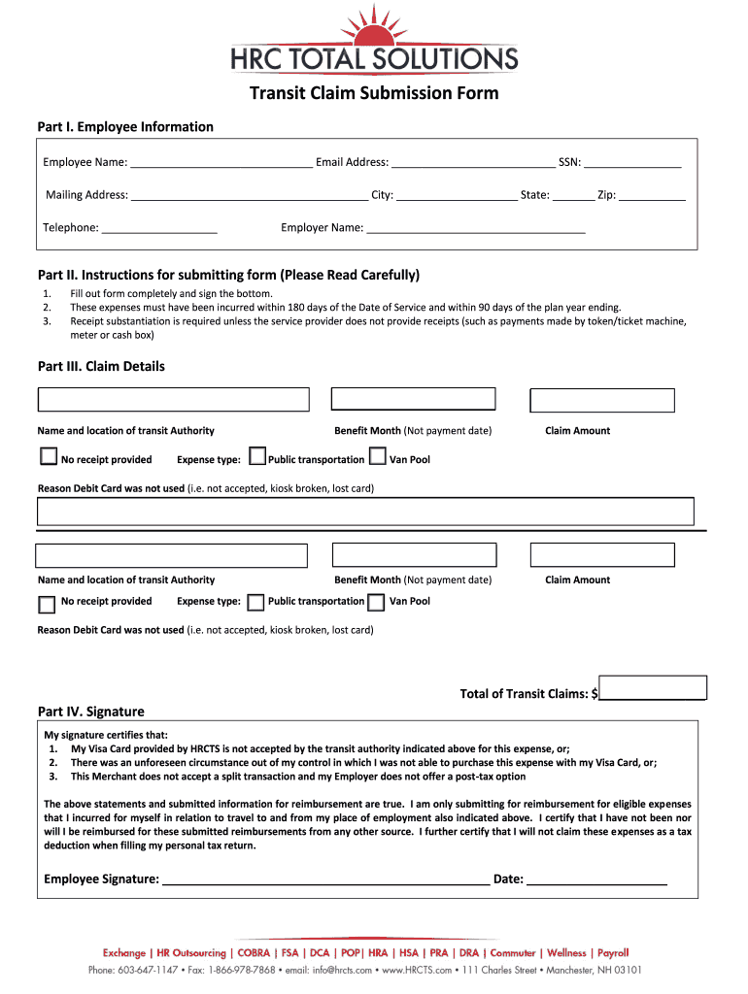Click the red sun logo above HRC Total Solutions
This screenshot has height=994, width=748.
tap(372, 26)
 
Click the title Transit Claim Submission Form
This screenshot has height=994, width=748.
tap(374, 93)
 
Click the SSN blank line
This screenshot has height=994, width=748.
tap(632, 163)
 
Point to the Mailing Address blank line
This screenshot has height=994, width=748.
tap(249, 196)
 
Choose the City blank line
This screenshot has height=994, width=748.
tap(457, 196)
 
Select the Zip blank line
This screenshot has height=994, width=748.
tap(652, 196)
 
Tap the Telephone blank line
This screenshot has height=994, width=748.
tap(158, 229)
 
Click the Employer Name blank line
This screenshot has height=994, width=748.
tap(476, 229)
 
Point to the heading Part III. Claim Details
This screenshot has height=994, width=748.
tap(101, 367)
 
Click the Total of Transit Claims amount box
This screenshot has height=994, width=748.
tap(653, 687)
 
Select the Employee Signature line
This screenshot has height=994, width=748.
tap(325, 879)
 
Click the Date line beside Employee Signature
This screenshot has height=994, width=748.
tap(596, 879)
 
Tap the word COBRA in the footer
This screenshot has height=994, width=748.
tap(254, 953)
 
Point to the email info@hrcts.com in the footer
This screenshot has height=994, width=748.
tap(342, 970)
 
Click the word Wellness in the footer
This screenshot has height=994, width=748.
tap(566, 953)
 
